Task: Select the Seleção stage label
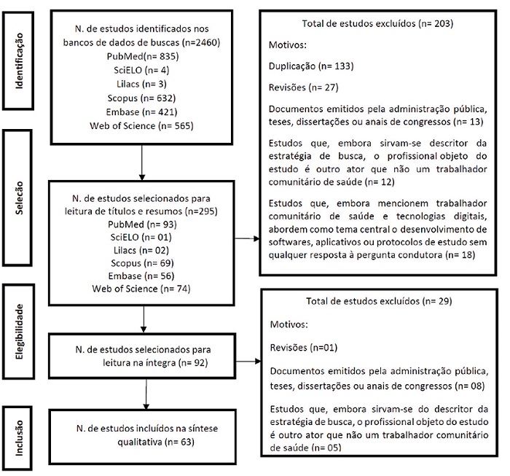[x=23, y=195]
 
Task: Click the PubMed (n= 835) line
[x=142, y=57]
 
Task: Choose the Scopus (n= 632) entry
[x=142, y=98]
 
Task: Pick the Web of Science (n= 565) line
[x=142, y=125]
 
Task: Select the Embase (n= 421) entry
[x=142, y=112]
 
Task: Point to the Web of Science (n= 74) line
[x=142, y=289]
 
